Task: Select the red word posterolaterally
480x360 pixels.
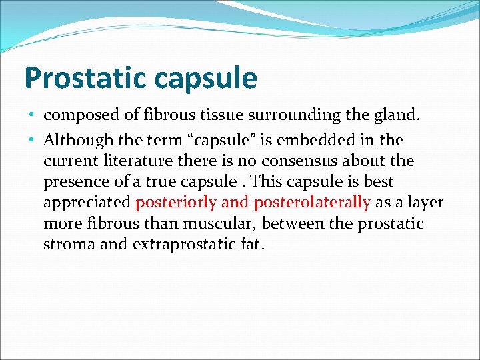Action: (x=312, y=203)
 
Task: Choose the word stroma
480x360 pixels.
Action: (x=67, y=244)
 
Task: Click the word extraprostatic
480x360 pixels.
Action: (x=180, y=245)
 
